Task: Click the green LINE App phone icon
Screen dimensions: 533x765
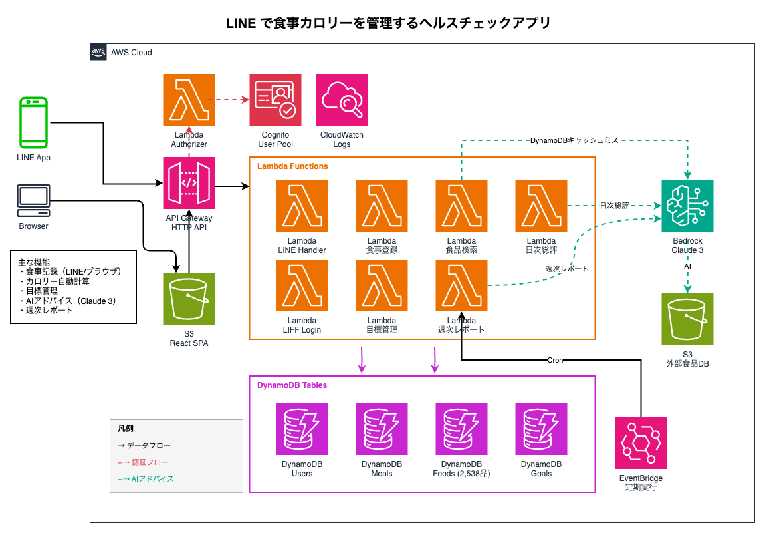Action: point(33,122)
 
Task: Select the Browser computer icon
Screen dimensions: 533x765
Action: point(33,201)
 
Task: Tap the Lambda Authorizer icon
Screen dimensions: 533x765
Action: point(189,100)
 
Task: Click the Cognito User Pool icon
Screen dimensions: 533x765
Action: point(275,100)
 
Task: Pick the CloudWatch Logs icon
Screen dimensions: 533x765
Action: point(342,100)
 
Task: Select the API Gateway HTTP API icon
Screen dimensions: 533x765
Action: point(189,183)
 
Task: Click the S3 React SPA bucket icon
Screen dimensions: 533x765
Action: point(189,299)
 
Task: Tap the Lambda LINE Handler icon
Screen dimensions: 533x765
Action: point(302,206)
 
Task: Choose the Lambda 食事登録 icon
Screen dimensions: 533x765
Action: point(382,206)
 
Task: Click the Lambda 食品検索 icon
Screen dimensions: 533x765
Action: point(461,206)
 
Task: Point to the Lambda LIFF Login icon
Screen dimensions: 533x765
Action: point(302,285)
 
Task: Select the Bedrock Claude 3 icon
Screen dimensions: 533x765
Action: point(687,206)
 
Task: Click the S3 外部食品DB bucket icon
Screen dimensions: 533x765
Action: point(687,319)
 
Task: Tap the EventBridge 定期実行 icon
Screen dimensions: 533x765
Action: point(641,443)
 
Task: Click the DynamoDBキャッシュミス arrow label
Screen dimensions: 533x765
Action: point(574,140)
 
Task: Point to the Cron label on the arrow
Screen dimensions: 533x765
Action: point(554,360)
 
